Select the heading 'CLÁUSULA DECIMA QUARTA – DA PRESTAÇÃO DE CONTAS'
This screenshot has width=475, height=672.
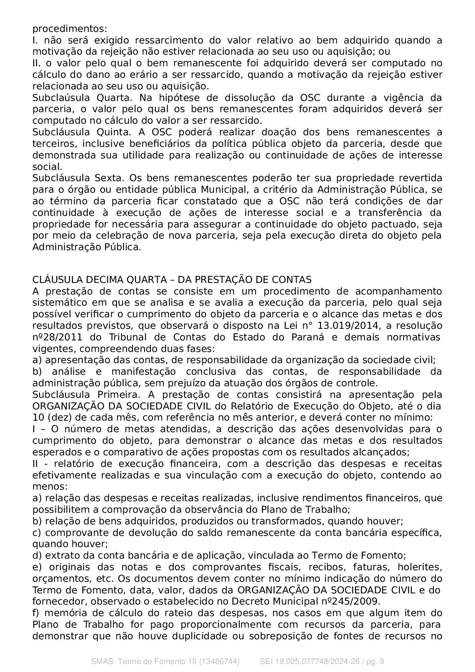[172, 279]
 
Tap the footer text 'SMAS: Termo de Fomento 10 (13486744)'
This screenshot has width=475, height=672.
[165, 661]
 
